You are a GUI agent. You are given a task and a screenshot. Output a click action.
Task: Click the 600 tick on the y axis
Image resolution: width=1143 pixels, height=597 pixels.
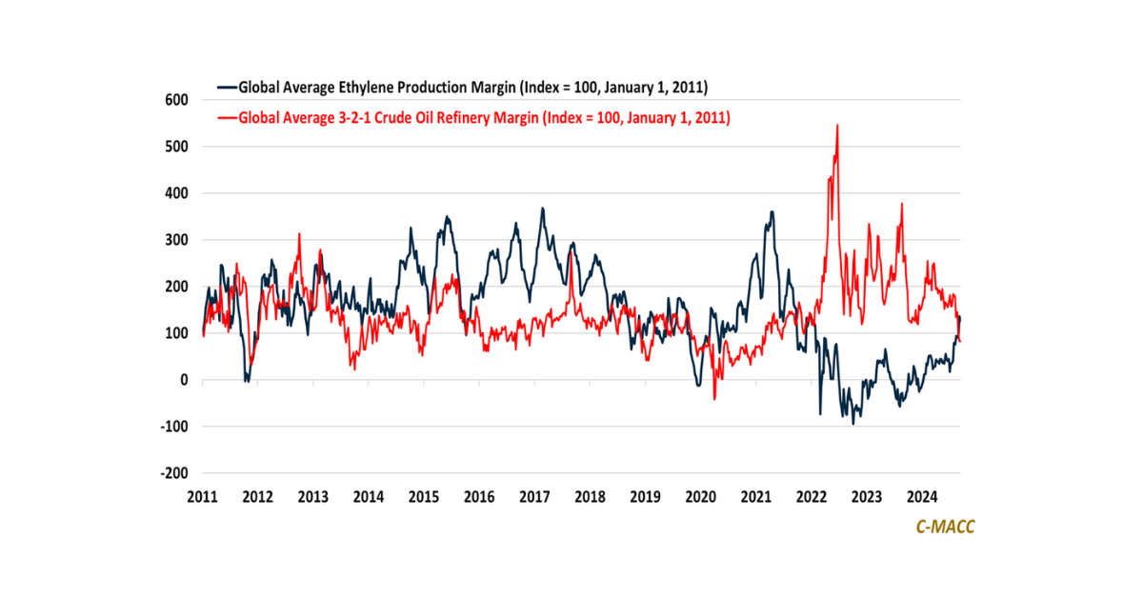coord(178,100)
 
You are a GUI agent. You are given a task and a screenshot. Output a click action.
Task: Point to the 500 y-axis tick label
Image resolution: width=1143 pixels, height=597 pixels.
coord(178,147)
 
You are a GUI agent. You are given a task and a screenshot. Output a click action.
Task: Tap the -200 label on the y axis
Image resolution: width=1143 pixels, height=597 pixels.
coord(175,473)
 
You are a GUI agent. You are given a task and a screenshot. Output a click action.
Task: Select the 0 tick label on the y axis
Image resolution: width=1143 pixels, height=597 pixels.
coord(185,380)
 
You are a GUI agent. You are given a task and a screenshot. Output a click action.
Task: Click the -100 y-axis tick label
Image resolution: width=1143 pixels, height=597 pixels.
coord(175,427)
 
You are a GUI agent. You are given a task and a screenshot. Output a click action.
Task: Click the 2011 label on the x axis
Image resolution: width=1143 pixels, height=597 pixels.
coord(203,497)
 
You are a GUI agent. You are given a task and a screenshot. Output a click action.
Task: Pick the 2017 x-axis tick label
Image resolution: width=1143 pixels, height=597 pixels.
coord(534,497)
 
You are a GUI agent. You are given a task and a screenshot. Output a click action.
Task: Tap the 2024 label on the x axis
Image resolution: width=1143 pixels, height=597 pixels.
coord(921,497)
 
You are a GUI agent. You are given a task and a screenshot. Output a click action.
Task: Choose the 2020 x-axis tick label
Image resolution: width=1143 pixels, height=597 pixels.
coord(700,497)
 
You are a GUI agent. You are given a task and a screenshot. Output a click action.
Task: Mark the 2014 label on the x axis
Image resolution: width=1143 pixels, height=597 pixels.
coord(369,497)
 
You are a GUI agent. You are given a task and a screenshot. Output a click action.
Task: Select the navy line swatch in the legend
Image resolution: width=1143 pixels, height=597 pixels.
coord(227,88)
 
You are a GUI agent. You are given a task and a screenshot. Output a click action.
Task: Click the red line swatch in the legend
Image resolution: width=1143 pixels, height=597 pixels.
coord(227,119)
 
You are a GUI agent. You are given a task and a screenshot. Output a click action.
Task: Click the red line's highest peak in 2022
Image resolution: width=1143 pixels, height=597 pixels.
coord(837,125)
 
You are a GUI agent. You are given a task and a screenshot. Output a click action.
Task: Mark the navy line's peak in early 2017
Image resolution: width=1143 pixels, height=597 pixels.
coord(542,209)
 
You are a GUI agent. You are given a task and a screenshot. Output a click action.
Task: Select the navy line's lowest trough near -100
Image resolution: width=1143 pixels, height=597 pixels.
coord(853,423)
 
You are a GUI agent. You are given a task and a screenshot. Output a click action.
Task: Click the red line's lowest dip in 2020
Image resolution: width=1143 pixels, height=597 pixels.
coord(714,399)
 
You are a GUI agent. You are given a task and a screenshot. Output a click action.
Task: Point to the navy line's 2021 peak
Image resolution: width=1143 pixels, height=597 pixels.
coord(772,211)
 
